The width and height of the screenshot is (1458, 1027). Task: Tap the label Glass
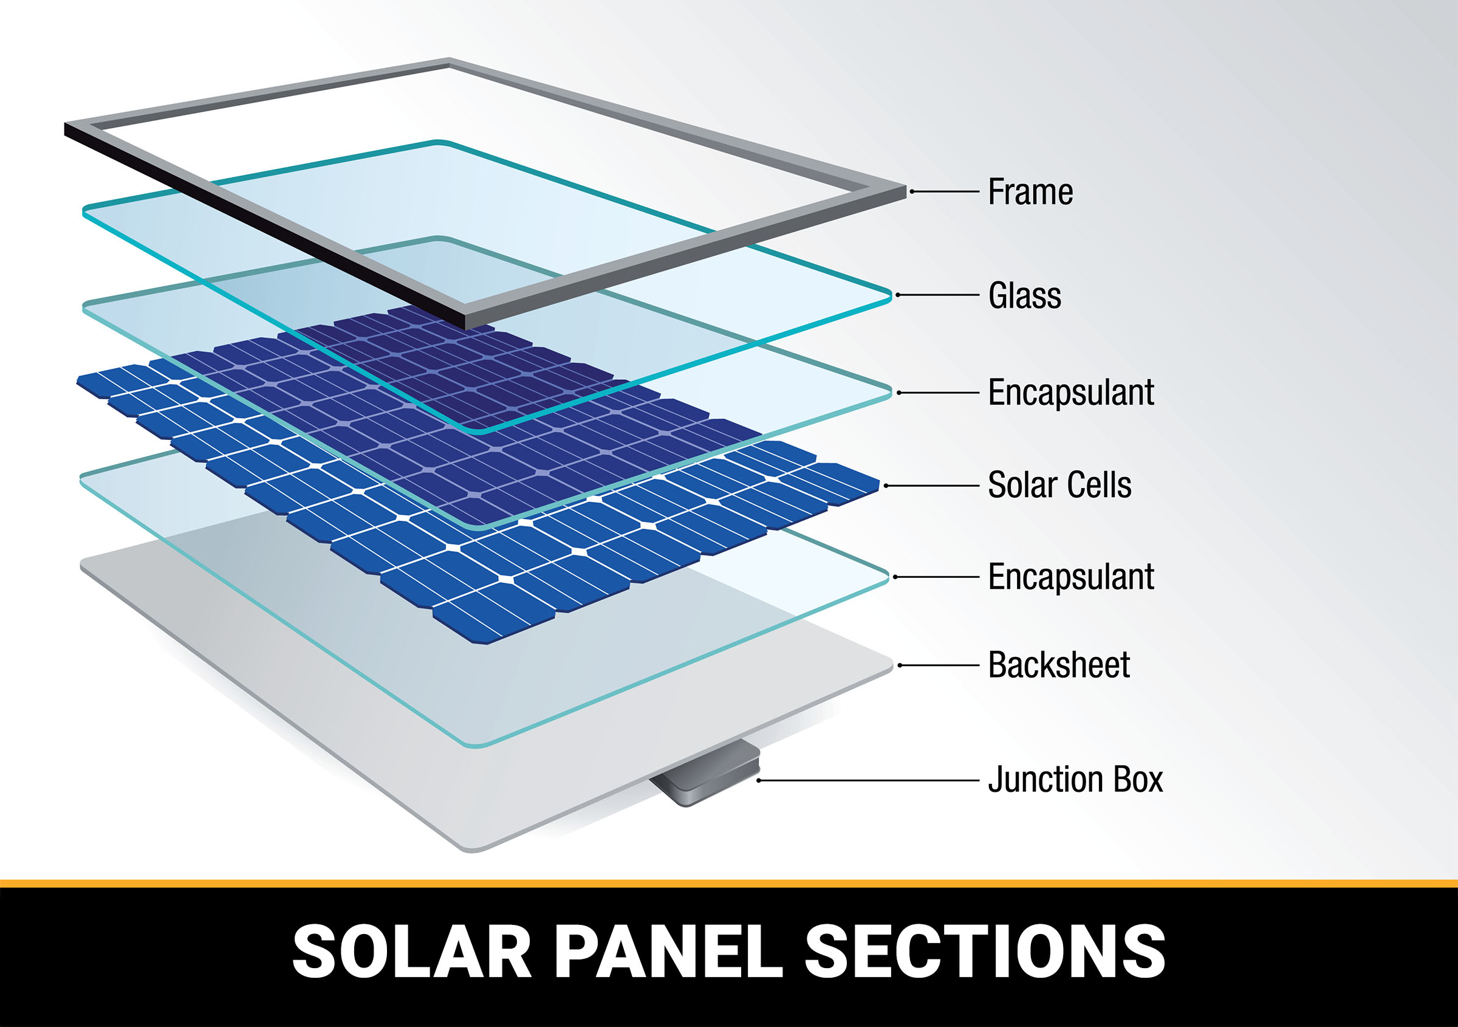pos(1024,295)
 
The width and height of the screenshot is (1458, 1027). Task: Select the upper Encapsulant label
pos(1070,393)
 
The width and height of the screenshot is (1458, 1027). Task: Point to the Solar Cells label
pos(1059,484)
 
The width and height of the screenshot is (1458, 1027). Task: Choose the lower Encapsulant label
pos(1070,577)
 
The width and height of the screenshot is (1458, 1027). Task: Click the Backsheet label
pos(1059,665)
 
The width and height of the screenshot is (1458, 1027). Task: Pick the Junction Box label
pos(1075,779)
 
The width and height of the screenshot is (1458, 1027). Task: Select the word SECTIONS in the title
pos(985,951)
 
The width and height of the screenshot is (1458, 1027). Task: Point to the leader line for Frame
pos(944,191)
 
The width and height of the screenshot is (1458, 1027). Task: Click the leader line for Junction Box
pos(868,780)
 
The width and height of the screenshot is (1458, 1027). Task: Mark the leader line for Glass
pos(937,295)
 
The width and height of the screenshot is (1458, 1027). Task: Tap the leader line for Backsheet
pos(939,665)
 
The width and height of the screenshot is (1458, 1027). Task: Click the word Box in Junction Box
pos(1138,779)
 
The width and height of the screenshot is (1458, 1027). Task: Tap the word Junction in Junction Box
pos(1047,779)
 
